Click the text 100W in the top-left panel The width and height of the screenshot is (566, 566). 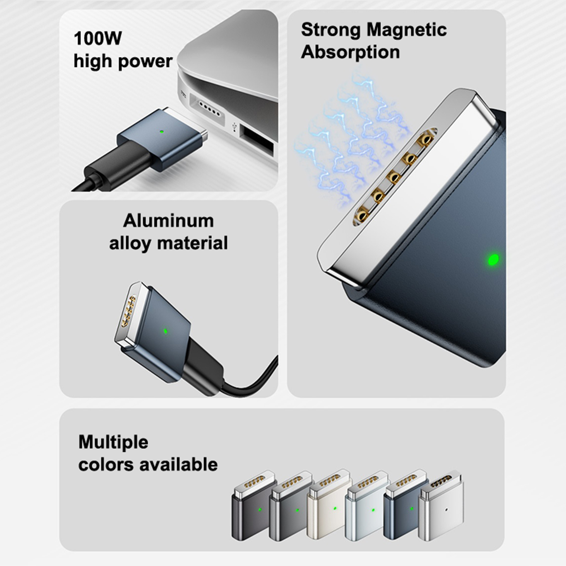click(x=98, y=38)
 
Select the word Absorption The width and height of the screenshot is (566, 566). click(x=350, y=52)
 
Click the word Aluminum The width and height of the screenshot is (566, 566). click(x=168, y=221)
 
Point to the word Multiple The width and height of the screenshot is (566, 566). click(x=113, y=442)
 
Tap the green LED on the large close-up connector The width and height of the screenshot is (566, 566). click(x=493, y=260)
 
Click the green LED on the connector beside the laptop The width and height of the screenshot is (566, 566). click(x=162, y=132)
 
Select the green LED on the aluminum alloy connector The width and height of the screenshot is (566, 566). click(x=165, y=331)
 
